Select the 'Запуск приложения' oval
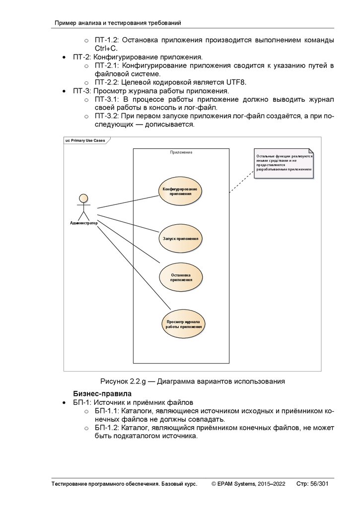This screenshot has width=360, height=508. click(181, 239)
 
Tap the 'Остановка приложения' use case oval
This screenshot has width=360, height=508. click(181, 277)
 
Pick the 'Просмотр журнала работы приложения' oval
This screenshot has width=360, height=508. click(184, 324)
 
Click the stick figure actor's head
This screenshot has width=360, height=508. click(83, 198)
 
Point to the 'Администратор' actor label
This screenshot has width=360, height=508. click(83, 223)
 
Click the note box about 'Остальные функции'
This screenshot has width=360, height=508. click(284, 163)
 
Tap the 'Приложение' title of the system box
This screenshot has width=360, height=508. click(181, 152)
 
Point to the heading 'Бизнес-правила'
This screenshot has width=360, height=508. click(103, 393)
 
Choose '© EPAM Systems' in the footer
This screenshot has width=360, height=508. click(234, 484)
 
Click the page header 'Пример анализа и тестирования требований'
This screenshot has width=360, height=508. click(117, 23)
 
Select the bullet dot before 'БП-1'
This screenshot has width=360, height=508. click(65, 402)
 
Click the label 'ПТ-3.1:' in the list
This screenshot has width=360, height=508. click(106, 100)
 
